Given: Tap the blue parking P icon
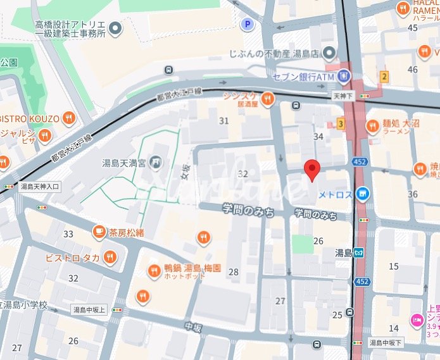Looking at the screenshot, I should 248,25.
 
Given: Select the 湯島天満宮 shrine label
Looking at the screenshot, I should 124,163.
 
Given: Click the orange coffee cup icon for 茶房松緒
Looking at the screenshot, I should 99,232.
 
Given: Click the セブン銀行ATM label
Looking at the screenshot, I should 302,77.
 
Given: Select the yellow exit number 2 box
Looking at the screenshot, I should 384,77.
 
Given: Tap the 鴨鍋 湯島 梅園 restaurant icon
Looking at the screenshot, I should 154,271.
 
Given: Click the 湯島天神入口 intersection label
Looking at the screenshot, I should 39,187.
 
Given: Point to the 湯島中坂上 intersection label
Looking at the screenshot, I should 89,309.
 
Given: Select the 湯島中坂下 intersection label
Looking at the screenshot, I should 386,342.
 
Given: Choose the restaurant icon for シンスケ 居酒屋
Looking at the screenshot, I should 268,98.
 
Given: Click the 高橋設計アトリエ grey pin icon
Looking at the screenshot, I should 115,27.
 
